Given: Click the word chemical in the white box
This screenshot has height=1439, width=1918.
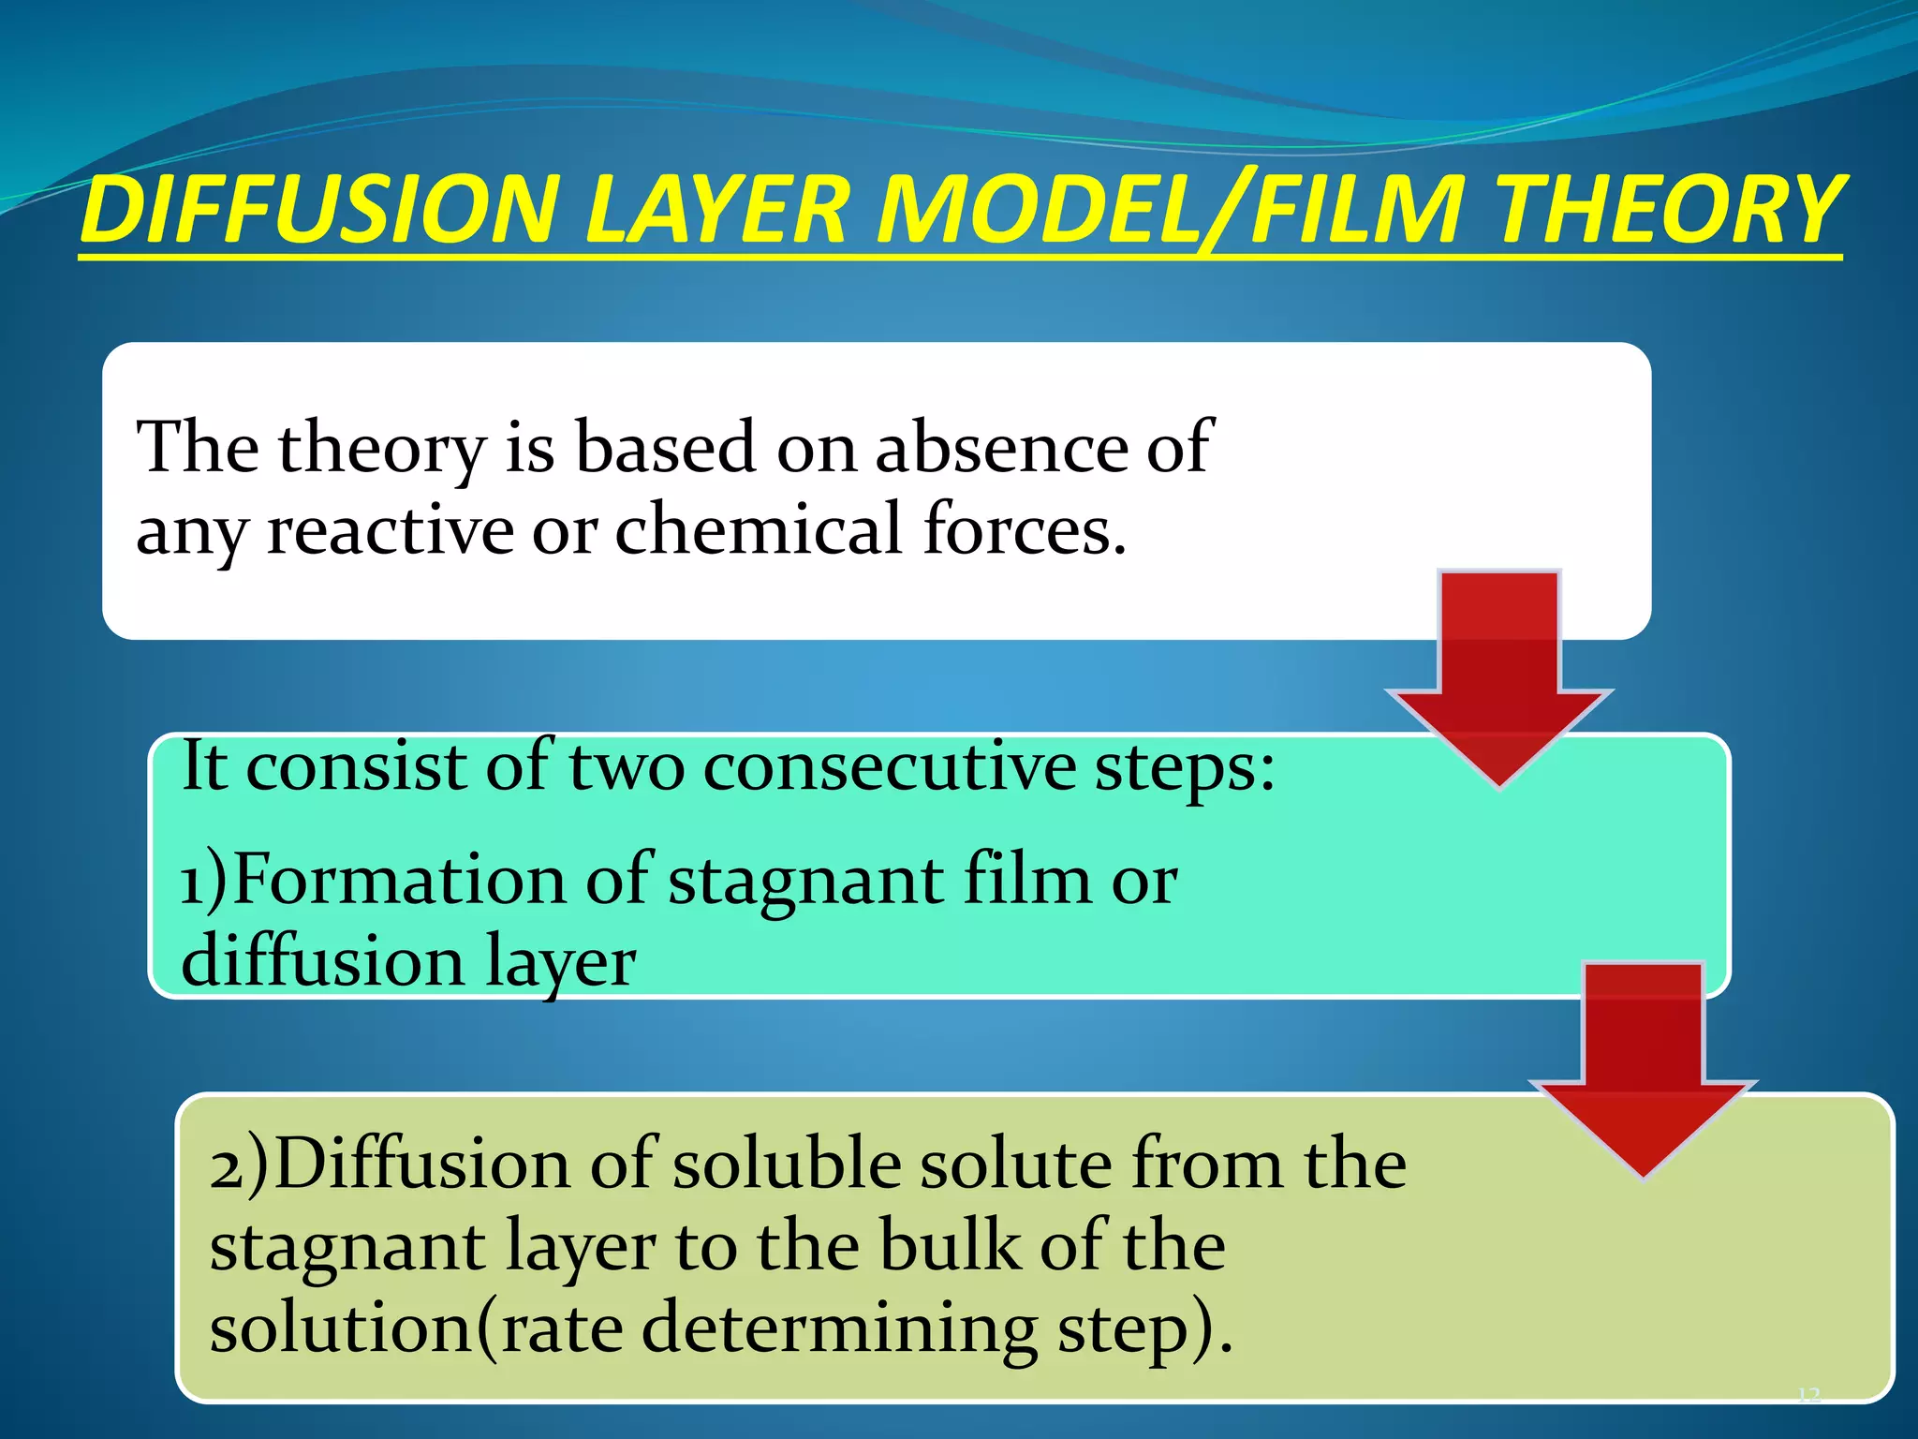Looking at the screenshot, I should coord(759,530).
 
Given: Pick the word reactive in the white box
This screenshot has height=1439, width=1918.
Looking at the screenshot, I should coord(390,530).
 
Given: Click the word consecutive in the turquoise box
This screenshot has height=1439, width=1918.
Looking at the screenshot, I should coord(890,767).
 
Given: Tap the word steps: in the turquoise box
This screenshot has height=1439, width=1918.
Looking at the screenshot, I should coord(1185,767).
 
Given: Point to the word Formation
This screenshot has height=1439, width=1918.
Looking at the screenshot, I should coord(398,881).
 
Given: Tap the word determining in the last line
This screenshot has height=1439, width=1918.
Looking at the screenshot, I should coord(840,1329).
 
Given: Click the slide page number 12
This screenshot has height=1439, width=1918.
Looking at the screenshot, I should coord(1808,1396).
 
